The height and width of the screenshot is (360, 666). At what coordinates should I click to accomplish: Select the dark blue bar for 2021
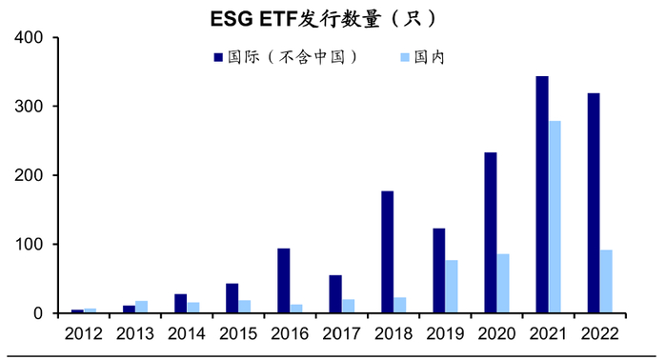(x=542, y=194)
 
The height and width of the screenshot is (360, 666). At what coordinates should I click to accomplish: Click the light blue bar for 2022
(x=606, y=282)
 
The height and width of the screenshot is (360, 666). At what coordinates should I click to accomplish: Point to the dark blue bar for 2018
(x=388, y=252)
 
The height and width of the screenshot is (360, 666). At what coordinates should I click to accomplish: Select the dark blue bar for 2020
(x=491, y=232)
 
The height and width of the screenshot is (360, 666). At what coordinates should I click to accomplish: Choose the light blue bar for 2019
(x=452, y=287)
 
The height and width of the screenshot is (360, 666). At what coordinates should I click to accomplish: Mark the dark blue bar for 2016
(x=284, y=281)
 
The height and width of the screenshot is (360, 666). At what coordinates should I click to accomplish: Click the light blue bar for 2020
(x=503, y=283)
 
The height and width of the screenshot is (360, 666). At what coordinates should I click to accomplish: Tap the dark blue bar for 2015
(x=232, y=298)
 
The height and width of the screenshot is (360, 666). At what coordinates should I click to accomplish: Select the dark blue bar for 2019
(x=439, y=270)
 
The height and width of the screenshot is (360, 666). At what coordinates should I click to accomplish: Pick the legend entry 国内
(x=430, y=57)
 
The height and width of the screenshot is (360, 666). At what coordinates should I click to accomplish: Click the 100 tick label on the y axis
(x=33, y=245)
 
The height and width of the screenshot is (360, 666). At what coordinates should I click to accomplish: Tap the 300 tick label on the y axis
(x=33, y=107)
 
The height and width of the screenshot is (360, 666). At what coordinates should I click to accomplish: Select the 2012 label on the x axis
(x=84, y=334)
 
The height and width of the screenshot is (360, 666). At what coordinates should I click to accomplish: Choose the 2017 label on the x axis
(x=341, y=334)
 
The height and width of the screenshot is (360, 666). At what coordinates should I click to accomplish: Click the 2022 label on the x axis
(x=599, y=334)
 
